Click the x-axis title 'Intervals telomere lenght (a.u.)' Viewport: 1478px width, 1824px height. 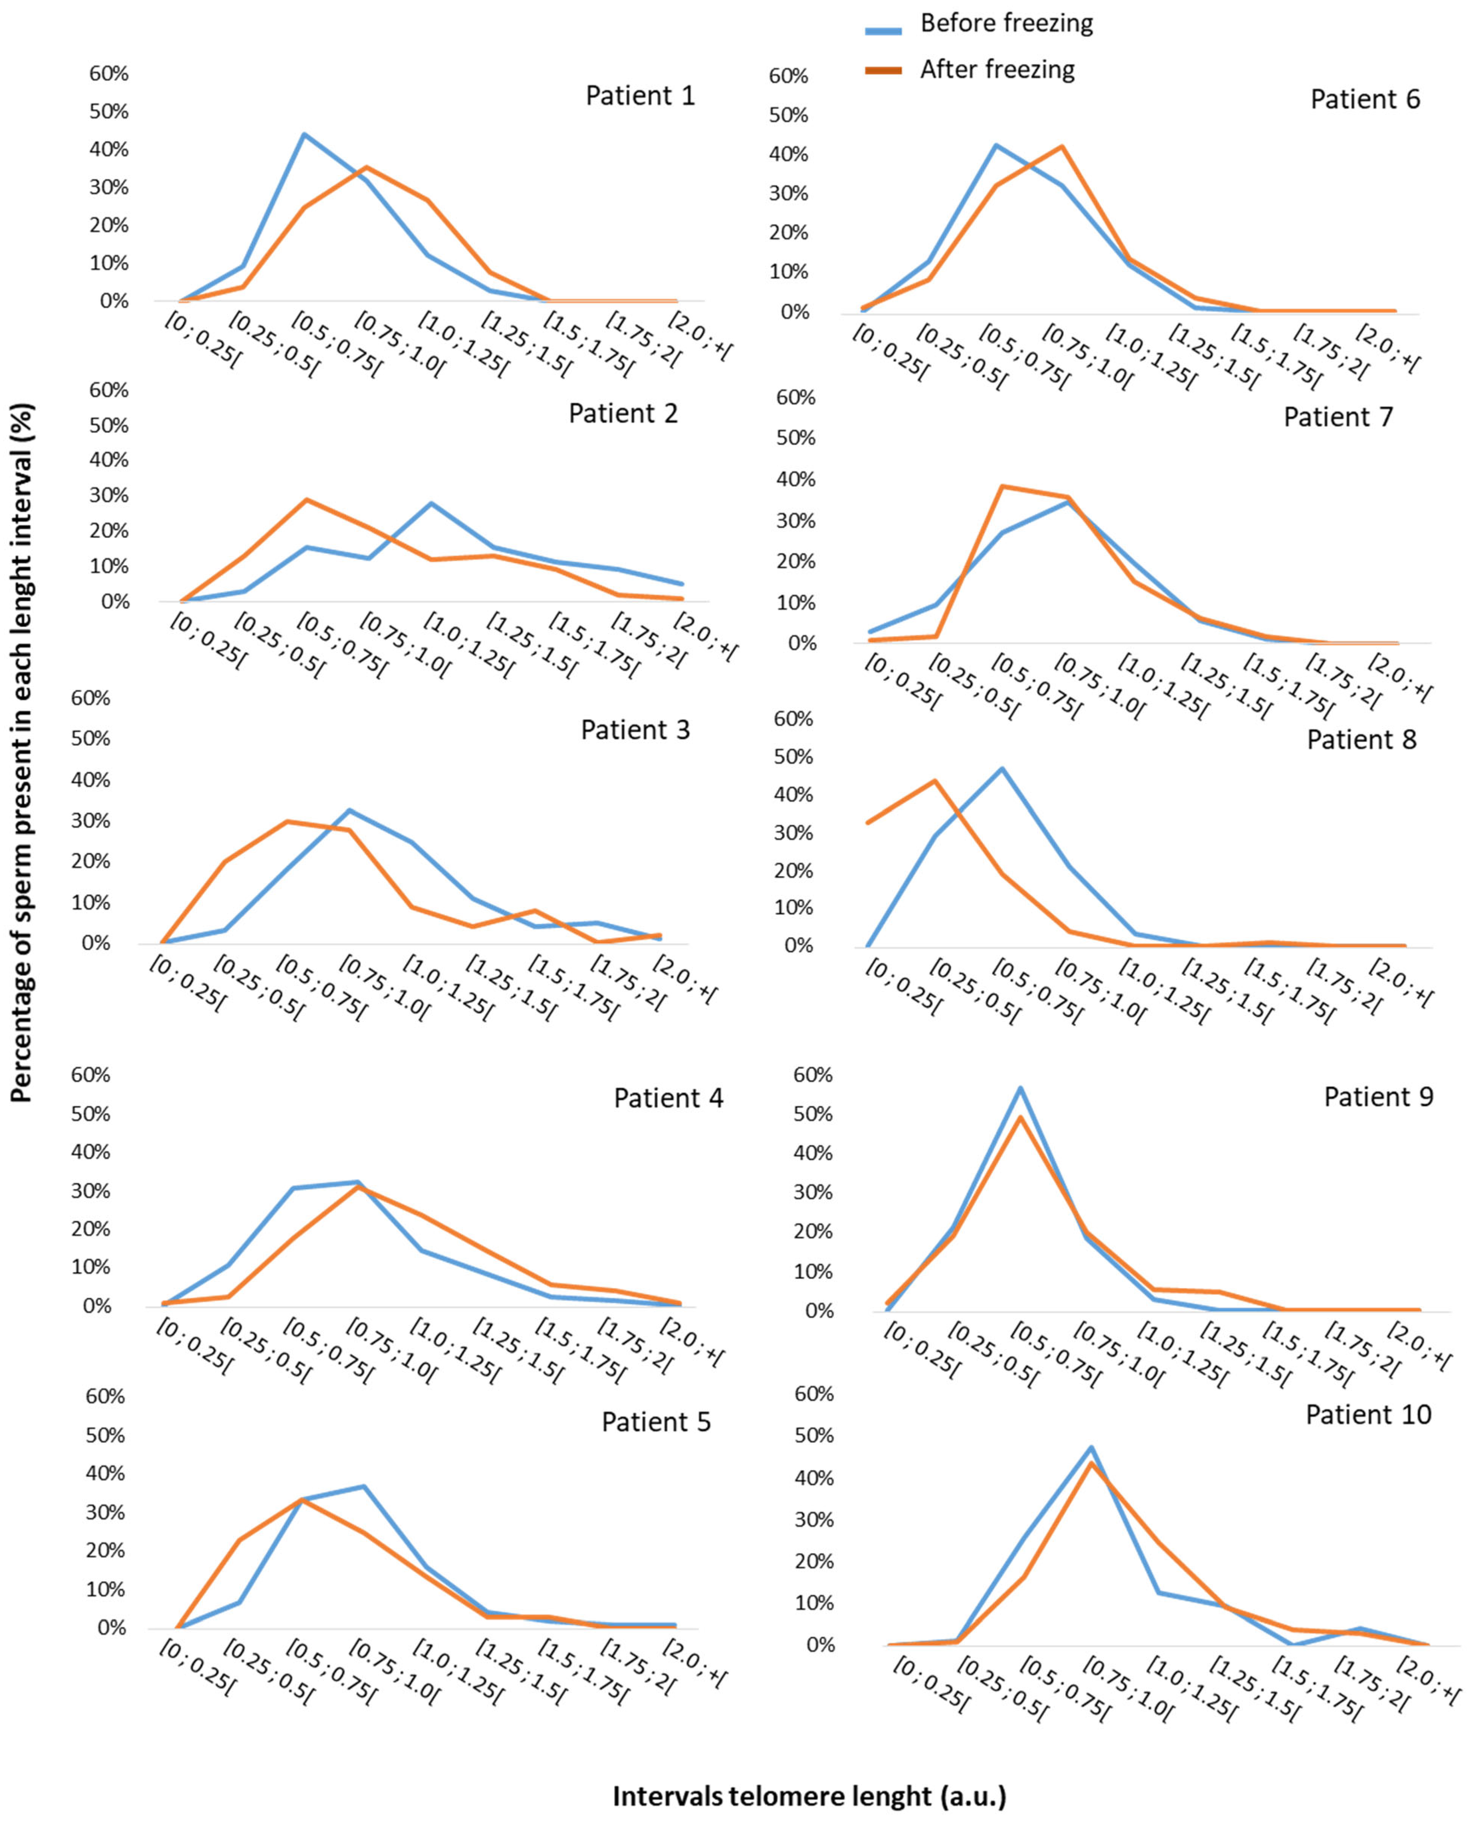(809, 1797)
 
